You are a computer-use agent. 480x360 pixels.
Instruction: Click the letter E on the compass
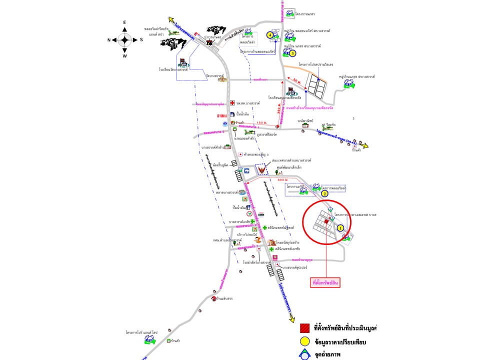point(125,22)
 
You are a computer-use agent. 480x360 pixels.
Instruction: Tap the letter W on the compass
point(125,56)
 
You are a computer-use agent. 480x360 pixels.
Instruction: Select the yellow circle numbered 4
point(270,35)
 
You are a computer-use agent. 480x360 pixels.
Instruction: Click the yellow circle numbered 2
point(324,193)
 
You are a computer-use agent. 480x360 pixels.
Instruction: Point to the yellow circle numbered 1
point(340,227)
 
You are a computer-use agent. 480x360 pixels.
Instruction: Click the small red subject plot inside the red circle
point(326,221)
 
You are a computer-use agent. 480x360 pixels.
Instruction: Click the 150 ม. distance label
point(260,122)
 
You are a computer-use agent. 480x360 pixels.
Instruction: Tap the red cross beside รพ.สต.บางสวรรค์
point(232,103)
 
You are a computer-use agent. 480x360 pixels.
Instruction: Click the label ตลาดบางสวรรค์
point(227,192)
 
